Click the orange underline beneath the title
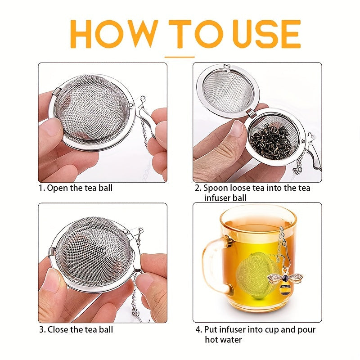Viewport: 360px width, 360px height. (x=180, y=57)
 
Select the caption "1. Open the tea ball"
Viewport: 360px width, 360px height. (x=75, y=188)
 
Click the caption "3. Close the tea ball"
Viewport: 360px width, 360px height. (x=76, y=329)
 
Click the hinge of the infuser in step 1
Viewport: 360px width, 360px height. (x=56, y=92)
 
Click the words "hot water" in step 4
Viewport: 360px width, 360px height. (x=223, y=339)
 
